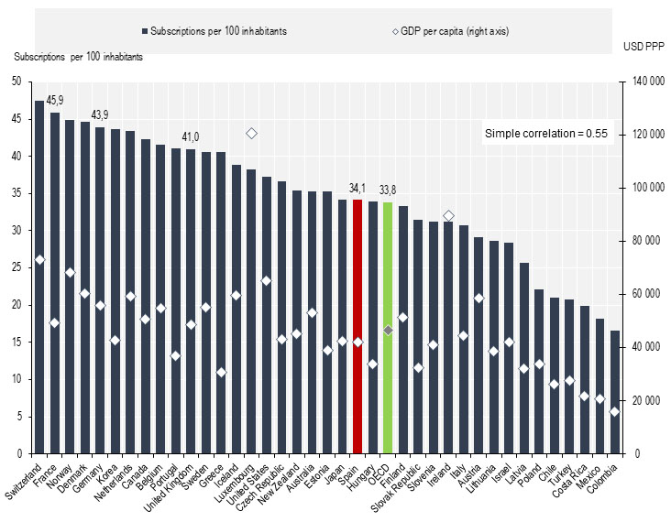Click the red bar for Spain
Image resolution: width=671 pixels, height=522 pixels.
pos(357,326)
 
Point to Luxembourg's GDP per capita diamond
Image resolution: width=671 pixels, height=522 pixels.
pos(252,134)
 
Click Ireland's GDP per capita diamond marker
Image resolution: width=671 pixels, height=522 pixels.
pos(448,216)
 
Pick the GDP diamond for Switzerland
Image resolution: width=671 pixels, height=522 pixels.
pos(39,260)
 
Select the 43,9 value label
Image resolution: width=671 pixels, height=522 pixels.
pos(100,114)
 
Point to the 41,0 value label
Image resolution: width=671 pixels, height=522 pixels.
pos(190,136)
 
